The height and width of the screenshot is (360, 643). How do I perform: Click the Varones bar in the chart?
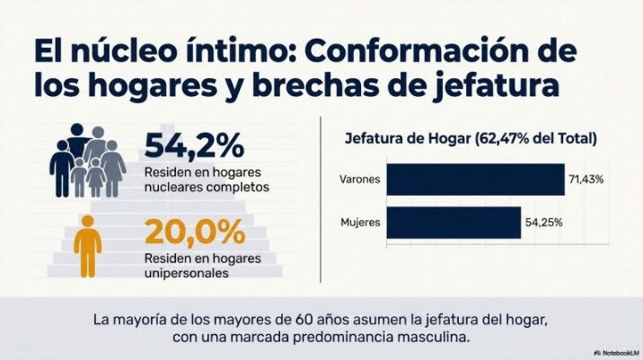[476, 180]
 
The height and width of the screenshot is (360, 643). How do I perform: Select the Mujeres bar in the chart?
[454, 223]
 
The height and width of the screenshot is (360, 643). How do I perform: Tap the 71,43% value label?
[586, 180]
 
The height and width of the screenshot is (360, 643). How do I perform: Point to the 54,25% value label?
[543, 223]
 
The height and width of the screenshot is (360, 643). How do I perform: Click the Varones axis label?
[359, 180]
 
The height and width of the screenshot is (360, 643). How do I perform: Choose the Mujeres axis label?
[360, 223]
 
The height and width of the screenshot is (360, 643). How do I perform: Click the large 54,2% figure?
[194, 145]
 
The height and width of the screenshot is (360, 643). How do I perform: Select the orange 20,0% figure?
[195, 232]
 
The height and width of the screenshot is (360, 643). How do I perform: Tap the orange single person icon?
[88, 246]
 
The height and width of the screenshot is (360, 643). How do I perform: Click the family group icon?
[87, 161]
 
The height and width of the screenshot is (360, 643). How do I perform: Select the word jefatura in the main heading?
[496, 85]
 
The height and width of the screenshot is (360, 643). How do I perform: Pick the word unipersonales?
[187, 273]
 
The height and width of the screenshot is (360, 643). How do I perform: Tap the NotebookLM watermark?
[616, 353]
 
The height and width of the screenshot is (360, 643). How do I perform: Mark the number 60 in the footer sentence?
[304, 320]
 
